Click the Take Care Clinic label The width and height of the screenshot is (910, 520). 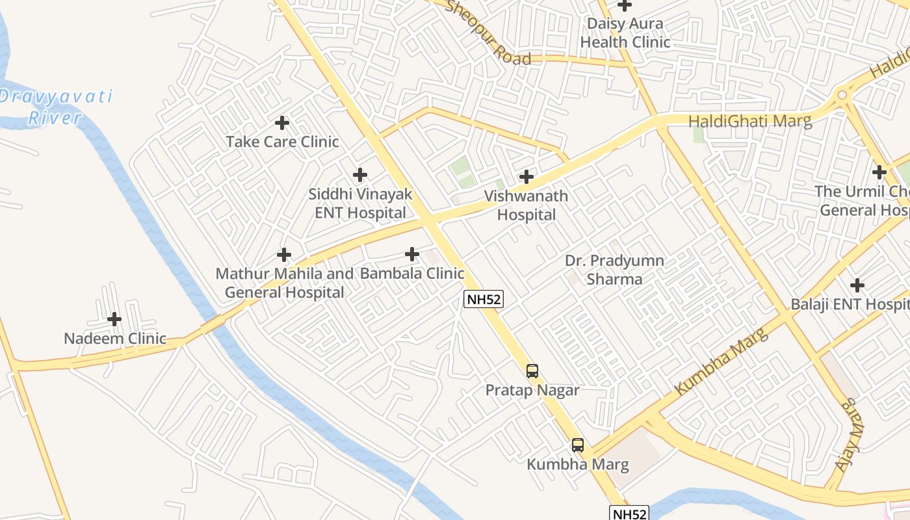[282, 142]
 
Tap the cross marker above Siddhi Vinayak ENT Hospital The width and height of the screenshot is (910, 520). [360, 175]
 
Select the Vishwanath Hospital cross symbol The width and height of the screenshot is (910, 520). [526, 176]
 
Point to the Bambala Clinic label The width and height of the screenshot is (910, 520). [412, 273]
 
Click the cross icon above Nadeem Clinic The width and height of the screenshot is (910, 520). [114, 319]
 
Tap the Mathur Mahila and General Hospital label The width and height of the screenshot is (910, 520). [285, 283]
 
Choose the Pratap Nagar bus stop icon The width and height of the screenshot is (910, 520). [532, 371]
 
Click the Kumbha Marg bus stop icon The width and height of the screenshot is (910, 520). [578, 445]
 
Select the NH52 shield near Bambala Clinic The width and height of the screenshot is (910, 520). [483, 299]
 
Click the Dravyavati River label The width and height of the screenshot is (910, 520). [56, 108]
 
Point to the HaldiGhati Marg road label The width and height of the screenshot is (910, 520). [749, 122]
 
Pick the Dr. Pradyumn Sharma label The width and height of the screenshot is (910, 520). [614, 270]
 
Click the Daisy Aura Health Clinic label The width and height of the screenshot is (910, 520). [625, 33]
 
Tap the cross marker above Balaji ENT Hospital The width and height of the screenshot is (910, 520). [857, 285]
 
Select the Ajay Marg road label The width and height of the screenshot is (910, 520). [850, 434]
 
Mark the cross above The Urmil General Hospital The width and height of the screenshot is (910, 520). [879, 172]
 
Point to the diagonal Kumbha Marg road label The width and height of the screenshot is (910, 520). [721, 361]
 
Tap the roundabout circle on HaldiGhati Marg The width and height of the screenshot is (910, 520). [842, 95]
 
